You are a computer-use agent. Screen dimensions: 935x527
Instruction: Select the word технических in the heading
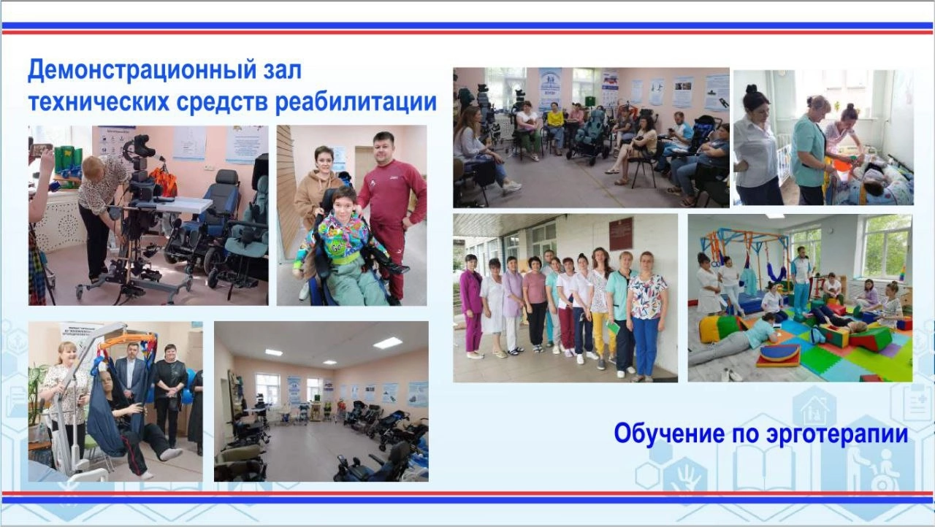click(99, 101)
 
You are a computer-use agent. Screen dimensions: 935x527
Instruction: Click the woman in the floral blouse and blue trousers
click(646, 317)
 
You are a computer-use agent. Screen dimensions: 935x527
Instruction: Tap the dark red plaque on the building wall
click(622, 234)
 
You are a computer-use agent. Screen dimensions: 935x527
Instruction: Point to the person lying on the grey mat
click(735, 342)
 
